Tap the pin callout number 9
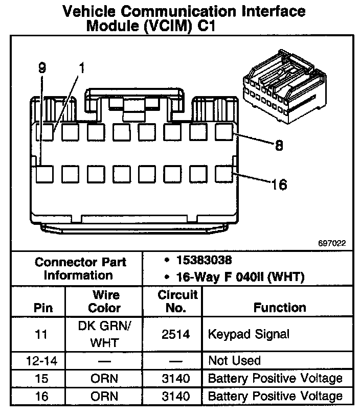(x=41, y=67)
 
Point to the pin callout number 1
(x=81, y=67)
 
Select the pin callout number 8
(x=279, y=146)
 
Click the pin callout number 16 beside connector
(x=279, y=184)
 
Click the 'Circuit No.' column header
(x=177, y=302)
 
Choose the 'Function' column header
(x=280, y=307)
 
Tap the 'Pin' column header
(x=42, y=308)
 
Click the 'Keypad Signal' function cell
(x=249, y=334)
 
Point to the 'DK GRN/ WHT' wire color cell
(x=104, y=334)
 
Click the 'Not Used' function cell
(x=234, y=361)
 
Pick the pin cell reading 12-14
(x=42, y=361)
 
